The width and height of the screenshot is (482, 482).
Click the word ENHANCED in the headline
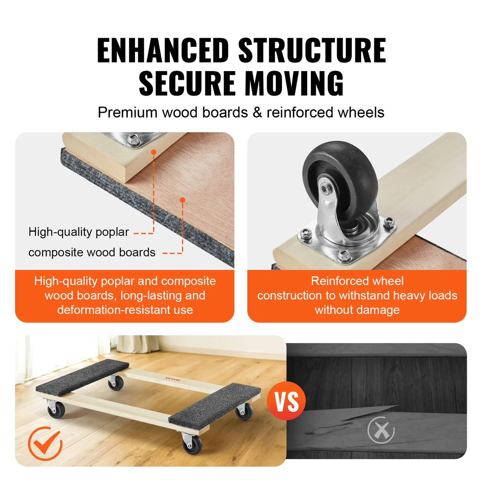163,51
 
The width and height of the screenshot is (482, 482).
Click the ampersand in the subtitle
257,112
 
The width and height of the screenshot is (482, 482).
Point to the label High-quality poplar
79,232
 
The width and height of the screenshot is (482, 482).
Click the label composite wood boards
92,252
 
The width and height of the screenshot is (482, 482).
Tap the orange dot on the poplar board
153,152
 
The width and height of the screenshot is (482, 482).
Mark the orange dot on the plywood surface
182,200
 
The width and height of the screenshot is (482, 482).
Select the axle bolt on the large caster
325,188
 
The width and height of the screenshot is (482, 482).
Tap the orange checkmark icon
45,443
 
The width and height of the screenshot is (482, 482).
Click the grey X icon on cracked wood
381,431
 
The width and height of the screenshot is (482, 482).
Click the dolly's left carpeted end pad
82,376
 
